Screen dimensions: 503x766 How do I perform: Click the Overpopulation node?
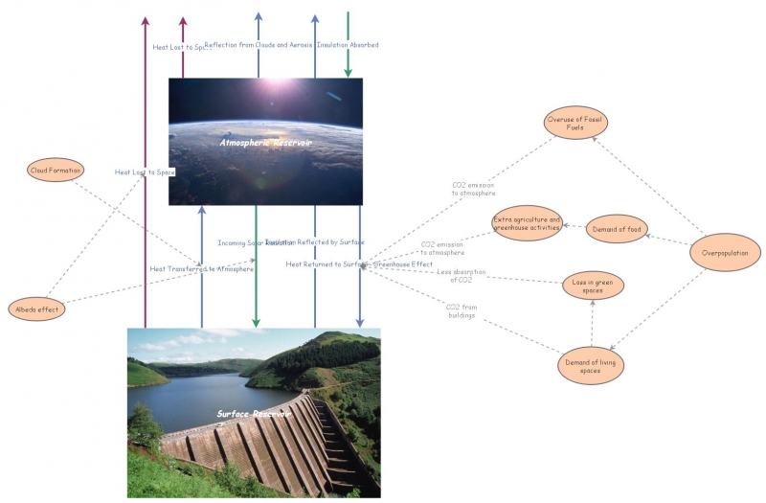click(725, 252)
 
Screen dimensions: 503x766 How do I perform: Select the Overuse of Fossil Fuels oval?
click(576, 125)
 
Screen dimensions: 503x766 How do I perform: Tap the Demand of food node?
click(617, 228)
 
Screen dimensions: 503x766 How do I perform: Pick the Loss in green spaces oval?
click(593, 285)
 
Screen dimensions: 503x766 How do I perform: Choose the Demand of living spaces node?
click(591, 365)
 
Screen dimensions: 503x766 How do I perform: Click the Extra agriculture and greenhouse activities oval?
click(527, 223)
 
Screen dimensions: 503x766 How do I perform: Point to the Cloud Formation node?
click(55, 171)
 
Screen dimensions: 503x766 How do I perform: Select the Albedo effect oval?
click(36, 309)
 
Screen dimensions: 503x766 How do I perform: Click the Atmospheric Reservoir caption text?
click(265, 142)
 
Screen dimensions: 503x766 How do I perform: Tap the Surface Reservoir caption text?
click(254, 414)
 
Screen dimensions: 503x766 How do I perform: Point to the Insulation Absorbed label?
click(348, 45)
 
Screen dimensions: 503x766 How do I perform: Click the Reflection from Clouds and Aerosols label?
click(259, 45)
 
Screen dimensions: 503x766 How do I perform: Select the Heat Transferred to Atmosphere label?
click(202, 269)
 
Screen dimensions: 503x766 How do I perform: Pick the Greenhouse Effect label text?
click(402, 263)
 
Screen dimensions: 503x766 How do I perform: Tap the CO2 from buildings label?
click(461, 310)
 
